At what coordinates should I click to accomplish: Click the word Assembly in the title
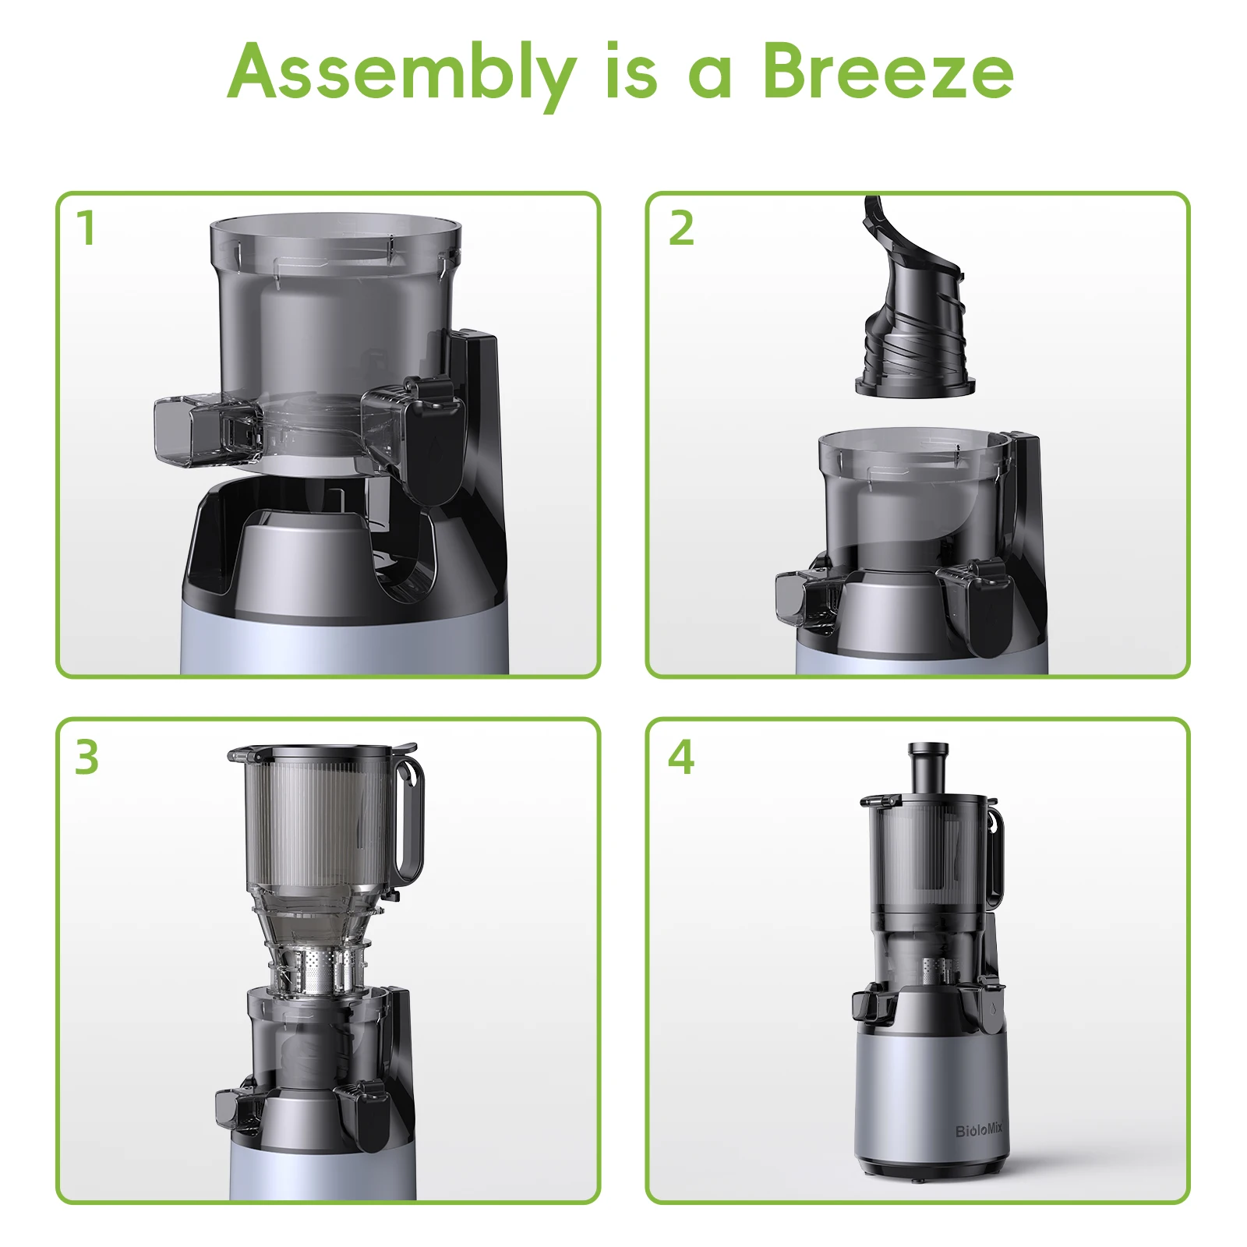pos(402,75)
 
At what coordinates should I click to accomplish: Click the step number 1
pos(87,228)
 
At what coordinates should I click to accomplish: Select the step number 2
pos(681,228)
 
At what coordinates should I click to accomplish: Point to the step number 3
pos(87,757)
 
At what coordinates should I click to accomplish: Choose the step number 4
pos(681,757)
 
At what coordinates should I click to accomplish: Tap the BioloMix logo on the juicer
pos(979,1130)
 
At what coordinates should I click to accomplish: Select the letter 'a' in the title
pos(710,78)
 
